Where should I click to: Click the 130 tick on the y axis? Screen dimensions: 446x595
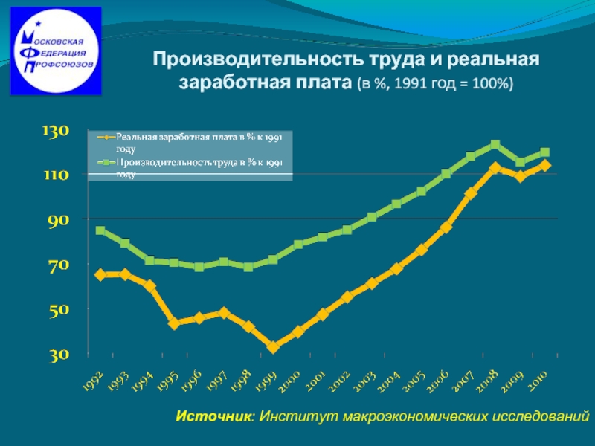tap(55, 132)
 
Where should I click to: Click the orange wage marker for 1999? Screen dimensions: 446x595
tap(273, 347)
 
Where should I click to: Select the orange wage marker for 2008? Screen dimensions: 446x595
tap(495, 168)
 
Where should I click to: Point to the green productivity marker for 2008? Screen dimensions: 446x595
tap(495, 145)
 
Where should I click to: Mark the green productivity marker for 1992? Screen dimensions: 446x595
tap(100, 230)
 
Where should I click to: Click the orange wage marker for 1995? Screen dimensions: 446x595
tap(174, 323)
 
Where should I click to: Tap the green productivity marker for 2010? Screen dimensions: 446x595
tap(544, 152)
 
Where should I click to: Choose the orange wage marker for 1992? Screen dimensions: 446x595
tap(100, 275)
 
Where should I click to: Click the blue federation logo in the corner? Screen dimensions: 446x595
tap(56, 51)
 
